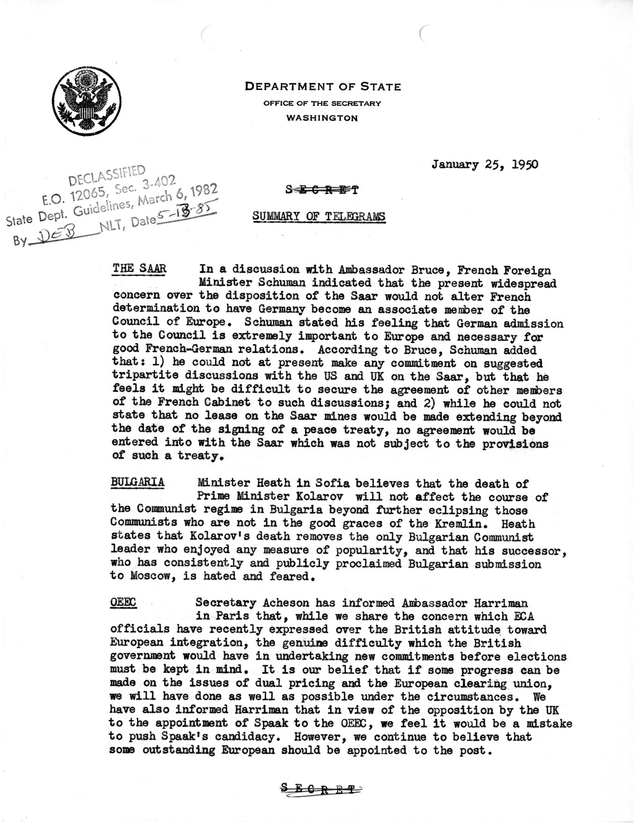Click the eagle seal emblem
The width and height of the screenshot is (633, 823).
tap(83, 99)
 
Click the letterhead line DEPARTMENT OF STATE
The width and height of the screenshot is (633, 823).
tap(322, 87)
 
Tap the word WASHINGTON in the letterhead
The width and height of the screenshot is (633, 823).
tap(322, 117)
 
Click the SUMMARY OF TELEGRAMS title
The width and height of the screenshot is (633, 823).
tap(318, 216)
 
